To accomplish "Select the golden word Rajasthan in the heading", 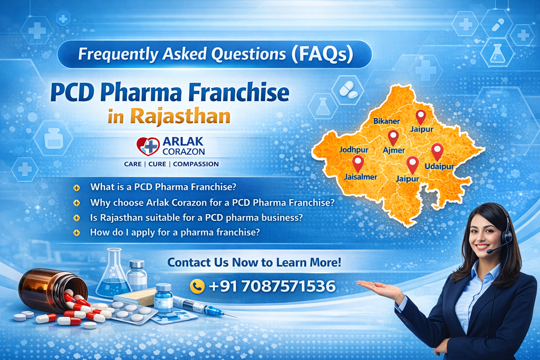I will tap(180, 116).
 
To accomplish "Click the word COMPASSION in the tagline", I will tap(195, 164).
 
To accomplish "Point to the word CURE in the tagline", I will tap(157, 164).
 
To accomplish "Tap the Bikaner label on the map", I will tap(386, 121).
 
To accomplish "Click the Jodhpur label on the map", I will tap(353, 150).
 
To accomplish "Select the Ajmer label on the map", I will tap(394, 150).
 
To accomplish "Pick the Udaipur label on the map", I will tap(439, 166).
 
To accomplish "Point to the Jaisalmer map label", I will tap(360, 177).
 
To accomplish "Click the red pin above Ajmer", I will tap(393, 137).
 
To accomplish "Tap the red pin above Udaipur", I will tap(437, 151).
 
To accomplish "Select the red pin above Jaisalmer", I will tap(358, 163).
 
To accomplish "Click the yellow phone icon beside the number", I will tap(197, 286).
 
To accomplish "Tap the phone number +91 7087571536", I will tap(272, 286).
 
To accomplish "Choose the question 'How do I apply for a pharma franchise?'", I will tap(175, 232).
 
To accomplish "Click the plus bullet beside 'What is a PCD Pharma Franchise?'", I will tap(76, 188).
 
